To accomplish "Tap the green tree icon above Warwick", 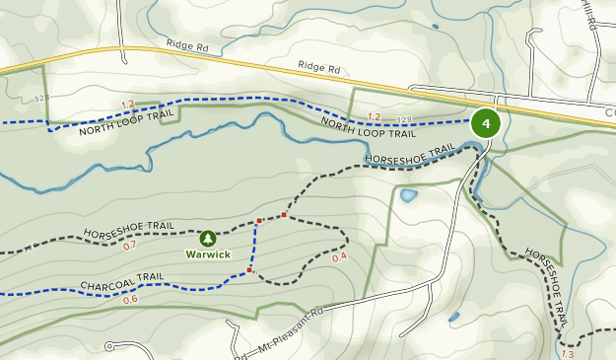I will tap(208, 239).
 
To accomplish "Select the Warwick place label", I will tap(208, 254).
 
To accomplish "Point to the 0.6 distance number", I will tap(130, 299).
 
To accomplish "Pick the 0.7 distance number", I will tap(130, 246).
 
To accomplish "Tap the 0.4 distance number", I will tap(340, 258).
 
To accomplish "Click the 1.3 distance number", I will tap(567, 353).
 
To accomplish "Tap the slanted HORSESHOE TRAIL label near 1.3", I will tap(548, 286).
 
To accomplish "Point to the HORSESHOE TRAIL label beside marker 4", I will tap(410, 155).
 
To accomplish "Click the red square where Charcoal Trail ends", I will tap(250, 270).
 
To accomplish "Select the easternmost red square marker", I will tap(284, 214).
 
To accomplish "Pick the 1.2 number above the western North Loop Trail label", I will tap(127, 105).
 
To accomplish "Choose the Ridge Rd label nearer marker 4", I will tap(319, 69).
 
